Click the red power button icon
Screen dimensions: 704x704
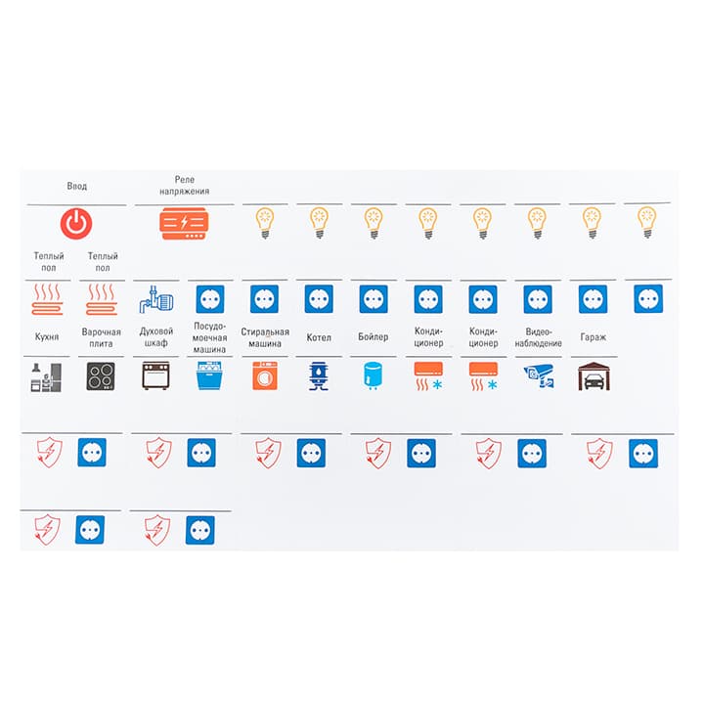76,223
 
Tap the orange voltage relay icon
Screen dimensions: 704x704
184,223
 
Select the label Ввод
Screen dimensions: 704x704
77,186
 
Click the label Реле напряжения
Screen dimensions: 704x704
185,185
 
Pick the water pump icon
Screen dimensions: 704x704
155,298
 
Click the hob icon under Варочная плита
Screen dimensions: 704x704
101,375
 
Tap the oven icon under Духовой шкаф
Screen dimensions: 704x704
155,375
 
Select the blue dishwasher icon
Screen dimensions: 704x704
209,375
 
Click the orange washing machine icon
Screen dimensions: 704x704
265,375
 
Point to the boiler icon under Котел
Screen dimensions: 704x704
319,375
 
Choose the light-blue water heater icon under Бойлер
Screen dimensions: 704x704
374,375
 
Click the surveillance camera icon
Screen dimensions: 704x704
539,375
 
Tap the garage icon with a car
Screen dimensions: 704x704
594,376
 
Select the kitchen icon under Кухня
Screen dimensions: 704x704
46,377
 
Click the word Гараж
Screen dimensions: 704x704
594,337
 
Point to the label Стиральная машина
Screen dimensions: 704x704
265,337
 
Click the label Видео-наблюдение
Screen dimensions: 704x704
539,337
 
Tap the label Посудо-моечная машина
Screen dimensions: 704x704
209,337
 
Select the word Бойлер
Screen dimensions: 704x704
374,336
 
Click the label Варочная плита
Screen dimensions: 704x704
101,337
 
